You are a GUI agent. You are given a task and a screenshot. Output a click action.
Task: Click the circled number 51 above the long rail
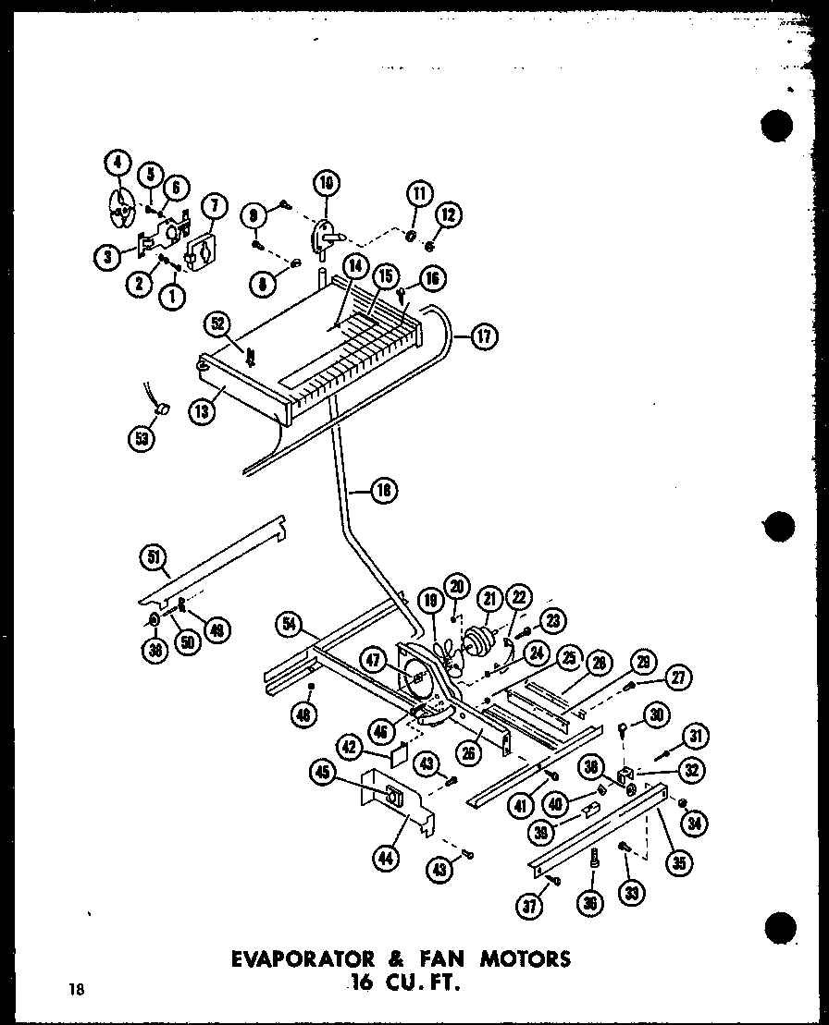coord(153,555)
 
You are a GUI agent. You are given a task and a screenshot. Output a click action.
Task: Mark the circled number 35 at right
coord(679,863)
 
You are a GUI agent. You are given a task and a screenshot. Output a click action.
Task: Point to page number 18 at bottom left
coord(76,990)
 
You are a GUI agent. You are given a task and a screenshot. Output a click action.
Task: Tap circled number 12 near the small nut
coord(450,216)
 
